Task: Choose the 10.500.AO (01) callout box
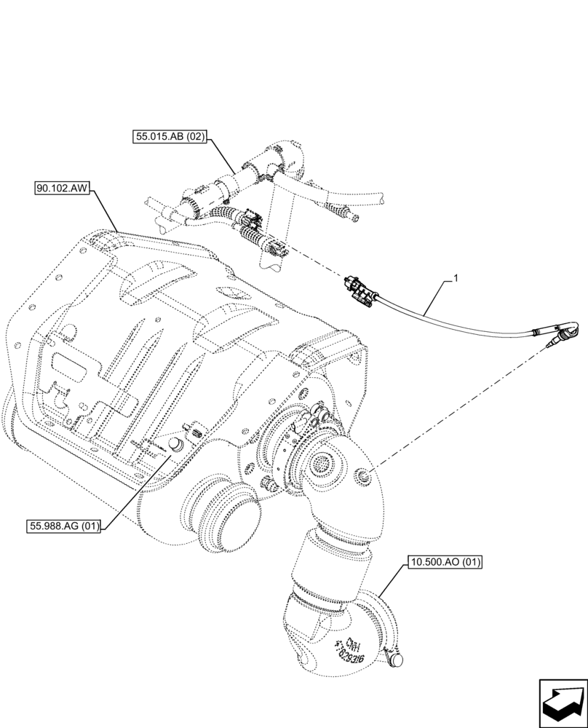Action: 445,562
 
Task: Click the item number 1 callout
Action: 456,277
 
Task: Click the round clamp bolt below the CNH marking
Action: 397,659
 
